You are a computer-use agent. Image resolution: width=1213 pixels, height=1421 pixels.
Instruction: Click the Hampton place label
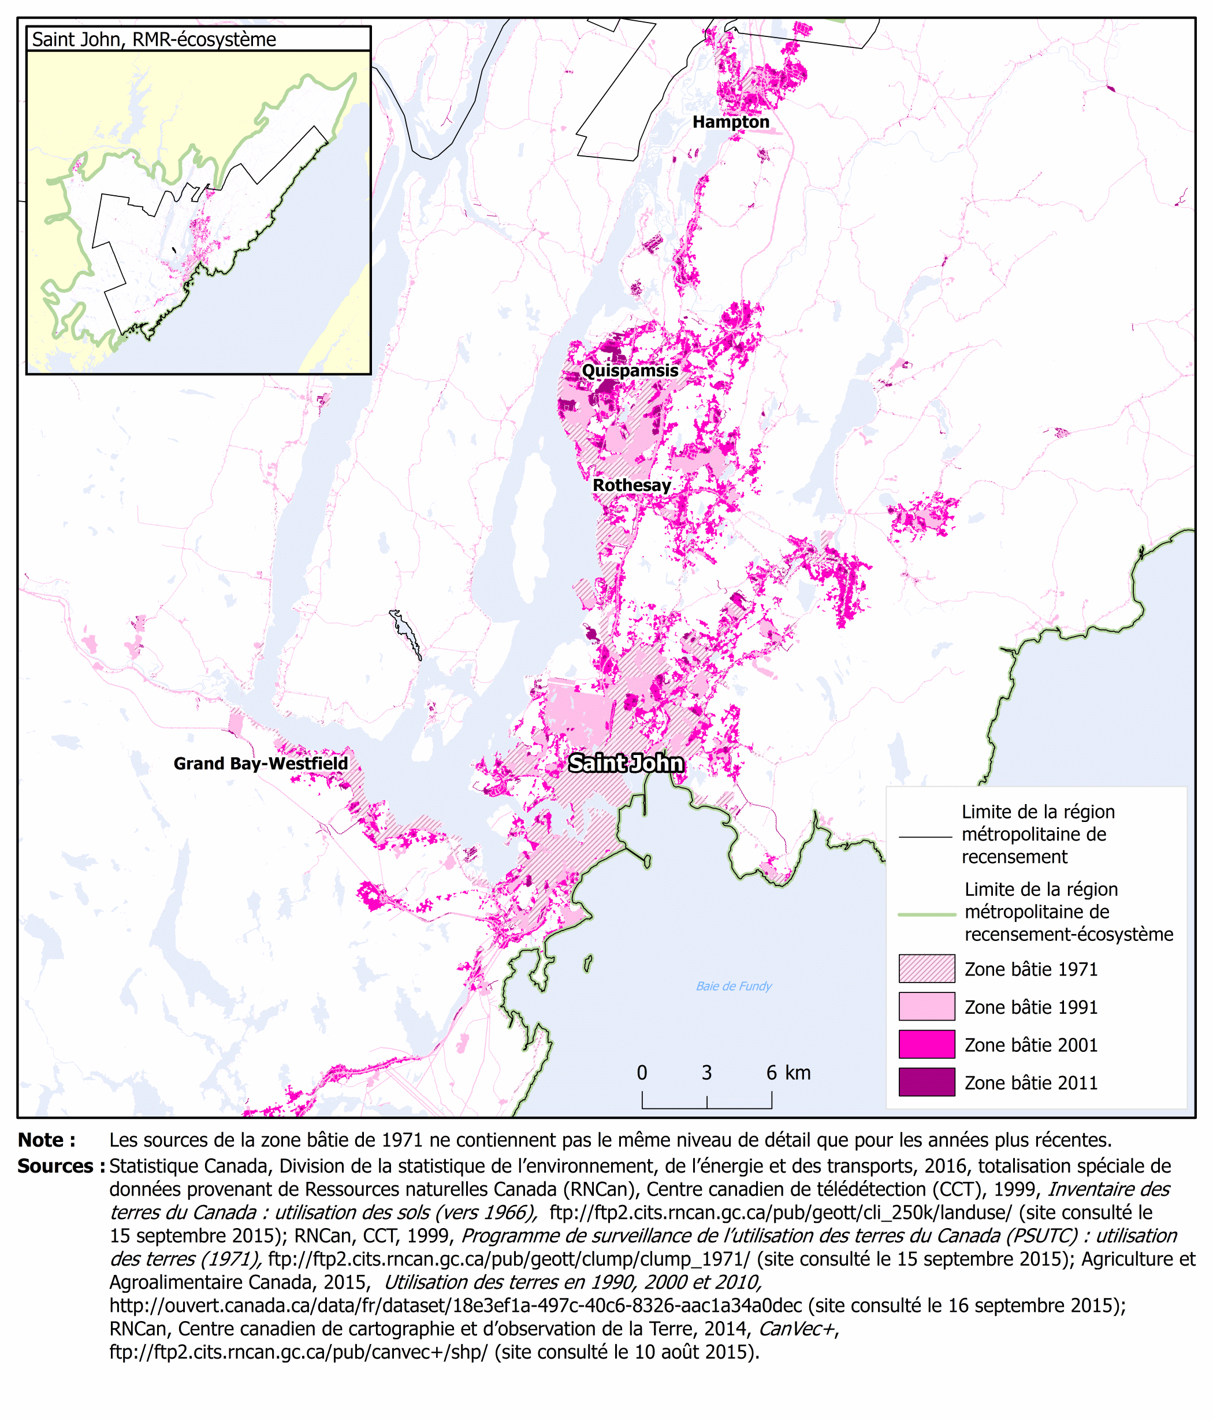730,122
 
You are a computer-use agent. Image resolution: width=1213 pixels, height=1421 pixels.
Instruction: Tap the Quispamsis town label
630,371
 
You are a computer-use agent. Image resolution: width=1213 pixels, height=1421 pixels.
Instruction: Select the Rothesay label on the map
631,486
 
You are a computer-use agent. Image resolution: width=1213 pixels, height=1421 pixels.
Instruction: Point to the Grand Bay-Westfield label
261,763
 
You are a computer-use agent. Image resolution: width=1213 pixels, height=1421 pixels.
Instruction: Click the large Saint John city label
626,763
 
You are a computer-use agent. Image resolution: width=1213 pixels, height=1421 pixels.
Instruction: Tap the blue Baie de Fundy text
733,986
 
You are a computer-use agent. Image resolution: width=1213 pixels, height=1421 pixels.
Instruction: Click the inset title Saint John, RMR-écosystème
154,40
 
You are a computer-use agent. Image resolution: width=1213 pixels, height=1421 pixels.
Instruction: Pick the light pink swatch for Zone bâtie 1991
927,1007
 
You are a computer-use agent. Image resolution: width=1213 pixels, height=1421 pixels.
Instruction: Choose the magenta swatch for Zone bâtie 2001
927,1044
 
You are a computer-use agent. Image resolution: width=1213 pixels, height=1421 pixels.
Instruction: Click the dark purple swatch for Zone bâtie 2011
927,1082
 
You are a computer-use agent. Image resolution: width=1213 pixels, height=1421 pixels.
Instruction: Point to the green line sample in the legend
927,914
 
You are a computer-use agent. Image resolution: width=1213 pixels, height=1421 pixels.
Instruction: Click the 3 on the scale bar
706,1073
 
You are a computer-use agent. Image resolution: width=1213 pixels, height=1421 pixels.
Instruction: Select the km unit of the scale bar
798,1073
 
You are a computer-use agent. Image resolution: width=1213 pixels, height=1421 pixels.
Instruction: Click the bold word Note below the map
42,1140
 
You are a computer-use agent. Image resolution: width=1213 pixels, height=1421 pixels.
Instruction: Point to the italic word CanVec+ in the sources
796,1329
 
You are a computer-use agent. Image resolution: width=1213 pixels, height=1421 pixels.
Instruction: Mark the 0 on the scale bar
642,1073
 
